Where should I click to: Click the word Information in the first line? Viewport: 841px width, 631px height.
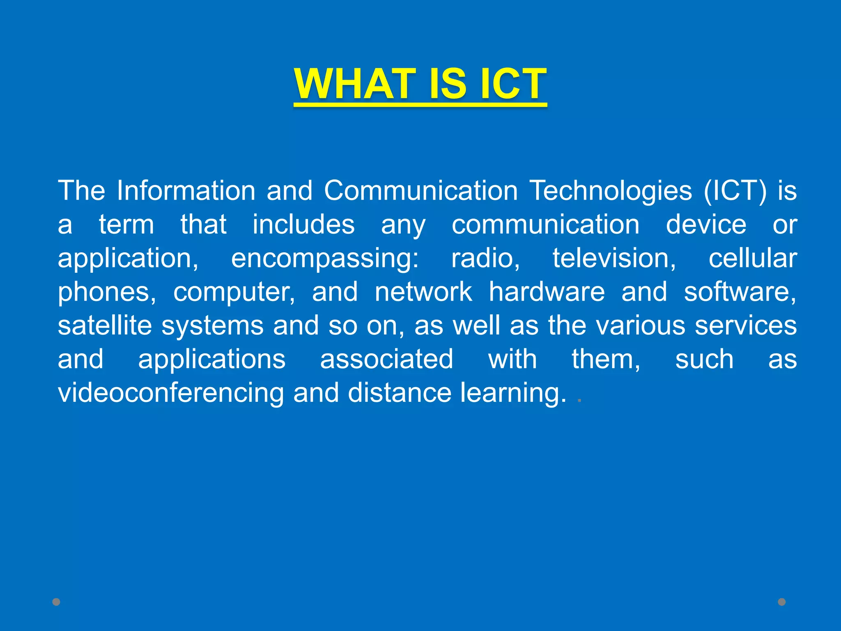[186, 191]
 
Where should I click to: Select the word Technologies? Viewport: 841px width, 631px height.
[611, 191]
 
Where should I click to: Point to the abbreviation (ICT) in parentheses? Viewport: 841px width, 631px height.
[735, 191]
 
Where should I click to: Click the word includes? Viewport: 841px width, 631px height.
[303, 225]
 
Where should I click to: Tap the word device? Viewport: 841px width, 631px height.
[706, 225]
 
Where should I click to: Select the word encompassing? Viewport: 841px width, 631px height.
[325, 259]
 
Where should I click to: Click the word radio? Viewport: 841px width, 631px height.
[486, 258]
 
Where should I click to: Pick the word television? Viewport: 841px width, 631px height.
[614, 258]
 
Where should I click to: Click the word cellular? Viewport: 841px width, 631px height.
[753, 258]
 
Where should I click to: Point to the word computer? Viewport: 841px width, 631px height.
[234, 292]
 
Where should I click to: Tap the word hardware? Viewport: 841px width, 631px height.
[547, 292]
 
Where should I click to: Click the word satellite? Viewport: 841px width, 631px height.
[105, 325]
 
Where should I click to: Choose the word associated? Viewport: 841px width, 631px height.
[386, 359]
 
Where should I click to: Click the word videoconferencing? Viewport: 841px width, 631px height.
[171, 393]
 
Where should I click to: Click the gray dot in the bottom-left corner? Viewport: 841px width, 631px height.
[56, 602]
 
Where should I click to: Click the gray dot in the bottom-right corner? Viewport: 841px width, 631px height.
[782, 602]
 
